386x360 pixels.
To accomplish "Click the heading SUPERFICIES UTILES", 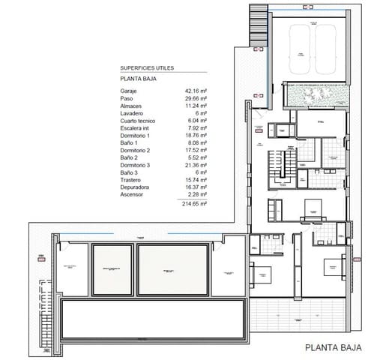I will point(147,67).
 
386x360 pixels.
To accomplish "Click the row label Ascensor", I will point(135,195).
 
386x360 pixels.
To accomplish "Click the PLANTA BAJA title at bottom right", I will point(334,347).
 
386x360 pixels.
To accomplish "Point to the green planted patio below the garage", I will point(314,94).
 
